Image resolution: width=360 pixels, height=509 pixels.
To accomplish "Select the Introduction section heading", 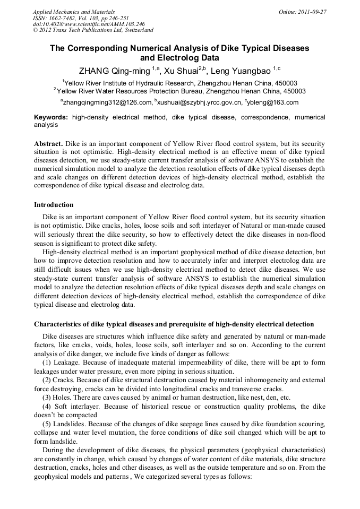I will [x=54, y=205].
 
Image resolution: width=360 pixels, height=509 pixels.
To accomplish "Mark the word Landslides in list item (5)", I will [x=71, y=425].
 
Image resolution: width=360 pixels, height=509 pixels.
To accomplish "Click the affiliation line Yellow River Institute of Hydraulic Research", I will [x=179, y=83].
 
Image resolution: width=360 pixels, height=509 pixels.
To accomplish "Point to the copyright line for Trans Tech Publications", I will [x=92, y=30].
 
